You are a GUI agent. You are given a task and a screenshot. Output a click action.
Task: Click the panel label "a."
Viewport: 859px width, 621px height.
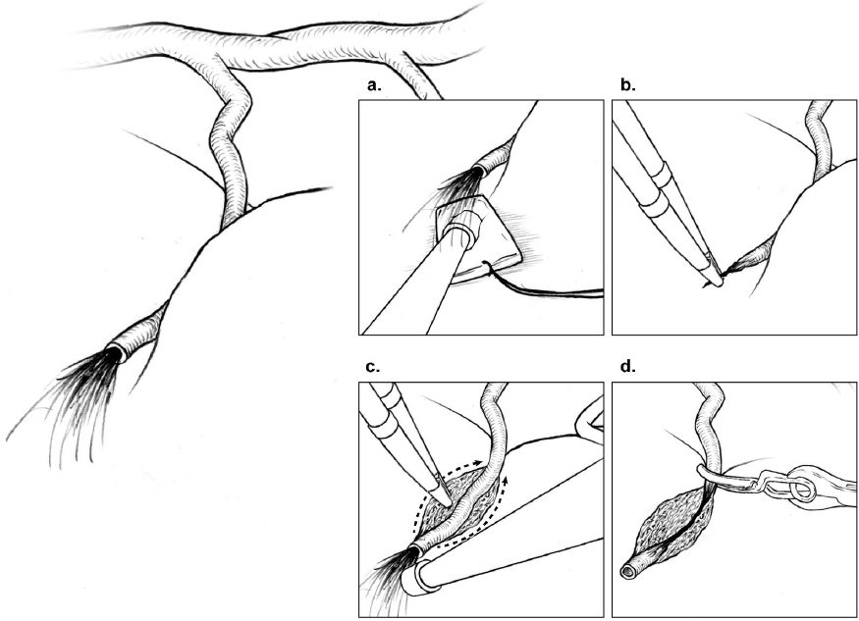point(374,85)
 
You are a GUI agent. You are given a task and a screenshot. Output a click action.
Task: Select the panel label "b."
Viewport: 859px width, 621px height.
point(628,85)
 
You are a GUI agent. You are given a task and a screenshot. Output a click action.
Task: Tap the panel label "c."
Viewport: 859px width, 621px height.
point(372,367)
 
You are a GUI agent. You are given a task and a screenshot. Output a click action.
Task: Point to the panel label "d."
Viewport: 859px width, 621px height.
point(628,366)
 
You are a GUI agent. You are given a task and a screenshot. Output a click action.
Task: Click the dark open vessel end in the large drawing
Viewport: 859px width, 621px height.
point(115,354)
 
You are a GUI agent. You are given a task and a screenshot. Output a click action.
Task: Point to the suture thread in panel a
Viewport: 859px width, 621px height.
point(542,284)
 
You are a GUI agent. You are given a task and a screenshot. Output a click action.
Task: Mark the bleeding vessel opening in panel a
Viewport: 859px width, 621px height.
point(481,170)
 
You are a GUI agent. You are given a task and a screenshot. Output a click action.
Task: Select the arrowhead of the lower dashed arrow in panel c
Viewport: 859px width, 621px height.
point(507,480)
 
